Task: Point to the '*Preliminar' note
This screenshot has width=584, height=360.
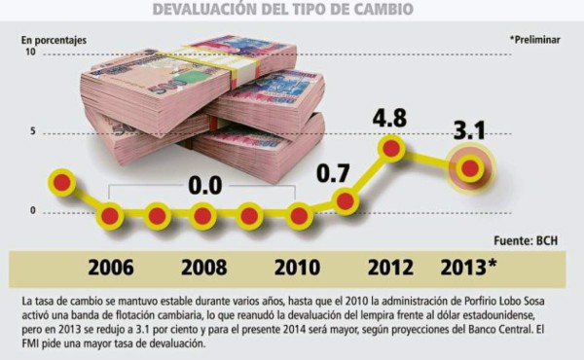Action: pos(536,40)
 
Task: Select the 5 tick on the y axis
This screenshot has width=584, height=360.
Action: pos(33,131)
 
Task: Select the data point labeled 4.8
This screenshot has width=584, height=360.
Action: pos(391,148)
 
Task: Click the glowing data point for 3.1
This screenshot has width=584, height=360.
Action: pos(470,167)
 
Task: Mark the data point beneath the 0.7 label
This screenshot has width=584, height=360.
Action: pos(345,200)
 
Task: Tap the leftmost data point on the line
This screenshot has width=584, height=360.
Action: pos(62,182)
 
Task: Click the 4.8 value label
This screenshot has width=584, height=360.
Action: pos(391,119)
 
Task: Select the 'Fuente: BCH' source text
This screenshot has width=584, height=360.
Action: pos(531,239)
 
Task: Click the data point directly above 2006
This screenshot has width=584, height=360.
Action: pos(110,215)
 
